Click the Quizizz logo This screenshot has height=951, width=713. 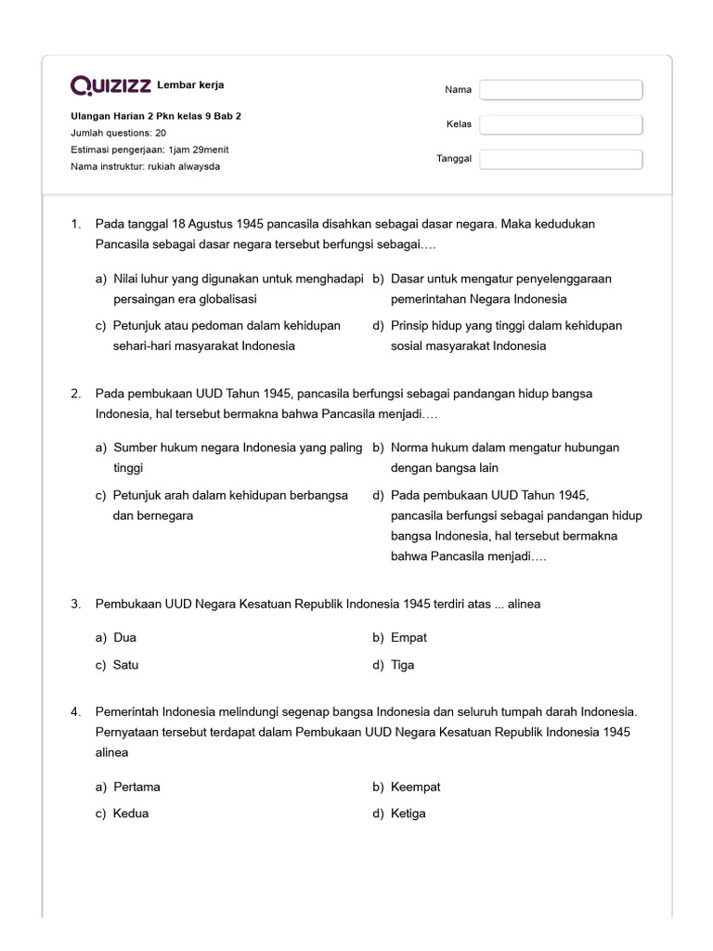(x=111, y=86)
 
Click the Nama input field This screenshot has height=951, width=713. (x=561, y=90)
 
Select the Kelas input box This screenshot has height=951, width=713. (x=561, y=124)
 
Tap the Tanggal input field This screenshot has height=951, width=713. (x=561, y=159)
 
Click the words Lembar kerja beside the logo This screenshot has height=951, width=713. (x=190, y=85)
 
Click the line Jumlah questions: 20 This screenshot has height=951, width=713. (x=119, y=133)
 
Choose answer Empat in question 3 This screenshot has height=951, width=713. (x=408, y=638)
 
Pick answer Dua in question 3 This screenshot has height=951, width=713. (x=125, y=638)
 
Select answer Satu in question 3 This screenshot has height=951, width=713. (x=126, y=665)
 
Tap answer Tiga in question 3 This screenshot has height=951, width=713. (x=403, y=665)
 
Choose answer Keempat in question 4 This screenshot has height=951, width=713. (x=416, y=787)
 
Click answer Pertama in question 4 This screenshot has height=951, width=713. (x=136, y=787)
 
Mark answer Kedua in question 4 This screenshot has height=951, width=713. (x=131, y=814)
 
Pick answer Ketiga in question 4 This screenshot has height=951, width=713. (x=408, y=814)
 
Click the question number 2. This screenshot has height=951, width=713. (x=75, y=394)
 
